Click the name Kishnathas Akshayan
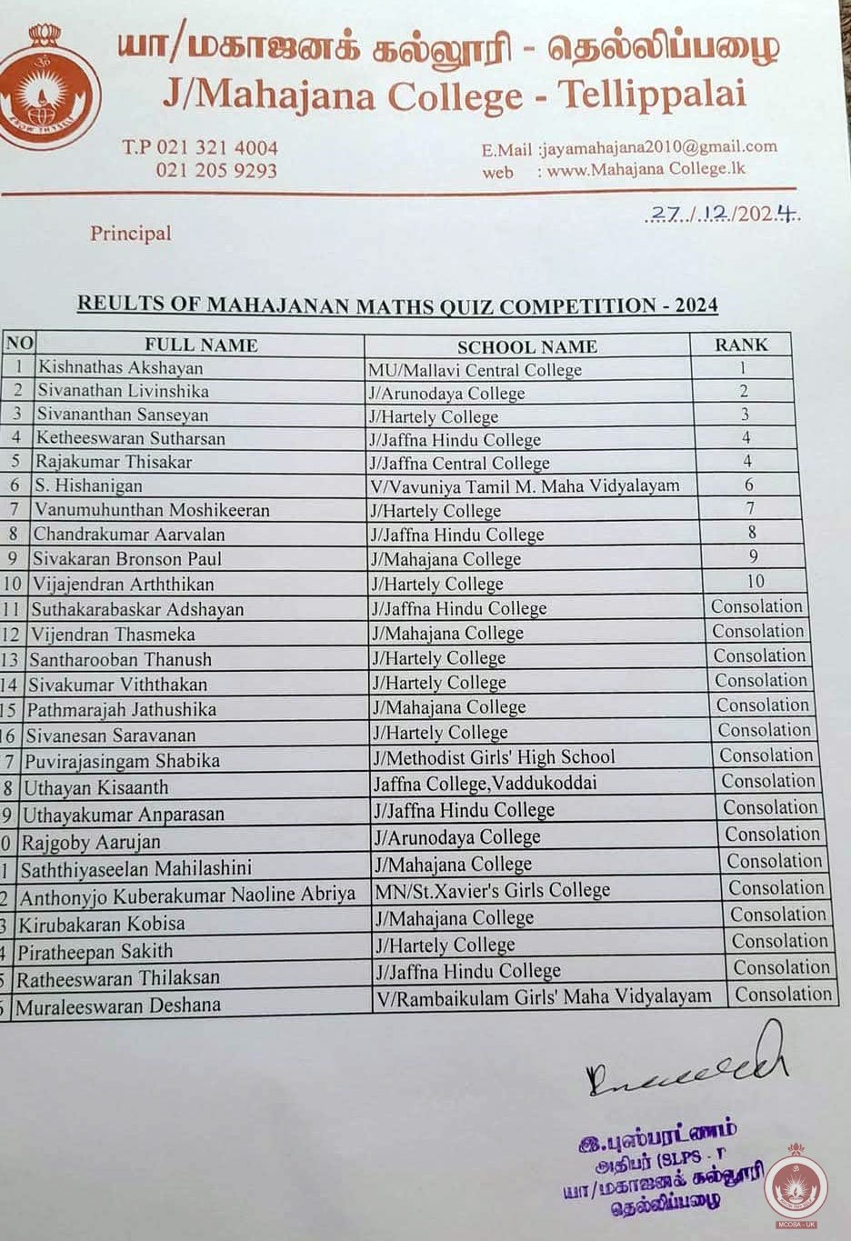tap(120, 368)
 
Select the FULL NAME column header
tap(201, 345)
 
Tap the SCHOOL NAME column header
tap(526, 346)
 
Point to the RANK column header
tap(741, 345)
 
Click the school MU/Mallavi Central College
tap(475, 370)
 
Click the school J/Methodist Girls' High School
tap(495, 757)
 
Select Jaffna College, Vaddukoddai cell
tap(485, 783)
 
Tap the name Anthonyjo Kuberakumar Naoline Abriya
tap(187, 896)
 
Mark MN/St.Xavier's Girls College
tap(492, 890)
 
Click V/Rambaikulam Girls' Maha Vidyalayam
tap(544, 996)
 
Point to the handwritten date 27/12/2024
tap(723, 215)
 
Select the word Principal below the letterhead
tap(130, 234)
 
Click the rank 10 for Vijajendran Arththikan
tap(755, 581)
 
